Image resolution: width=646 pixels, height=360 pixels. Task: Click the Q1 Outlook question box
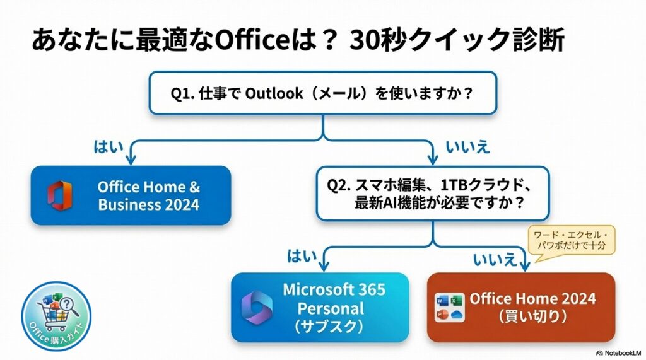322,93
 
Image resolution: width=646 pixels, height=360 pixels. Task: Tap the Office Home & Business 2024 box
131,195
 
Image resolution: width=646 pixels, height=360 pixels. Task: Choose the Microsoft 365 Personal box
319,307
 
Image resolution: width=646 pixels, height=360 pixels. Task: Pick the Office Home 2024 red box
520,307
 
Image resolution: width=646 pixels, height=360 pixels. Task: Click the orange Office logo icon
59,195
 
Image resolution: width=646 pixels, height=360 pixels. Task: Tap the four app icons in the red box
450,307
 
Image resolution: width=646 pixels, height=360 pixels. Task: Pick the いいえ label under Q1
467,148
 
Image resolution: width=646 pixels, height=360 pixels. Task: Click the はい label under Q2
302,255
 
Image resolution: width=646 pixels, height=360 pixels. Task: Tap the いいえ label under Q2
495,257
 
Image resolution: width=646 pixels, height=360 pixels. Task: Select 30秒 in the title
379,41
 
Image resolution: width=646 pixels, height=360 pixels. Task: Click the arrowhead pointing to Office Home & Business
131,158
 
